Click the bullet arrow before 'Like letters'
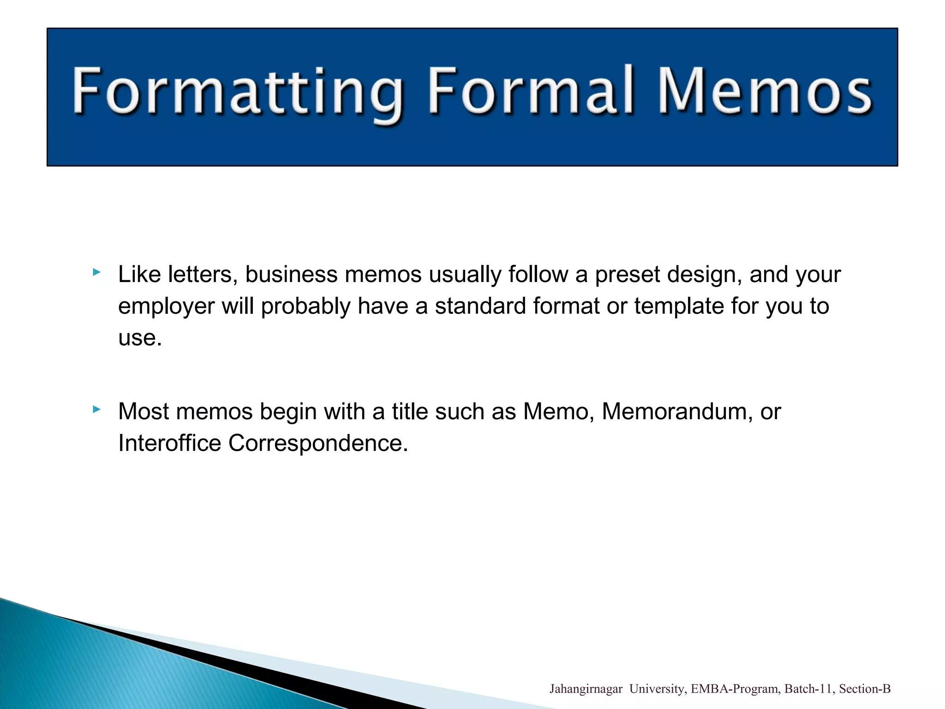point(96,272)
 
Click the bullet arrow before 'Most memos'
point(96,409)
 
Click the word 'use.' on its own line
point(140,338)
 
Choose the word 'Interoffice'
point(169,443)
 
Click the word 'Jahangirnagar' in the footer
point(586,689)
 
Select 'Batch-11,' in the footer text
point(810,689)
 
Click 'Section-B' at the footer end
point(865,689)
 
